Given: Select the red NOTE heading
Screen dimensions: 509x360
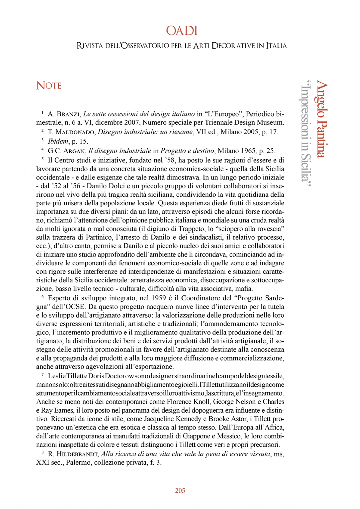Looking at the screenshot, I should [x=49, y=86].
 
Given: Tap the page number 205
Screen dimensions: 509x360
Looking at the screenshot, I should [x=180, y=491].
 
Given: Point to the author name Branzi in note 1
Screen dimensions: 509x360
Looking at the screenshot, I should [x=68, y=114].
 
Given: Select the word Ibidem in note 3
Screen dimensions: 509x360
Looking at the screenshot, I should [x=58, y=141].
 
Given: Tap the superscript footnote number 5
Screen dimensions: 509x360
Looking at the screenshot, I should [x=43, y=159].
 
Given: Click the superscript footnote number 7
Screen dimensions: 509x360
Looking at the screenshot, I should [x=43, y=374].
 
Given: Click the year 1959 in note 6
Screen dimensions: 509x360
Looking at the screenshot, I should [x=159, y=298].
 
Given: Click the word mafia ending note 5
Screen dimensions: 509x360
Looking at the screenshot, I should [x=245, y=289].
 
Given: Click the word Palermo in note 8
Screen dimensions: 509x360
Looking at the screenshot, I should [x=79, y=463].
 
